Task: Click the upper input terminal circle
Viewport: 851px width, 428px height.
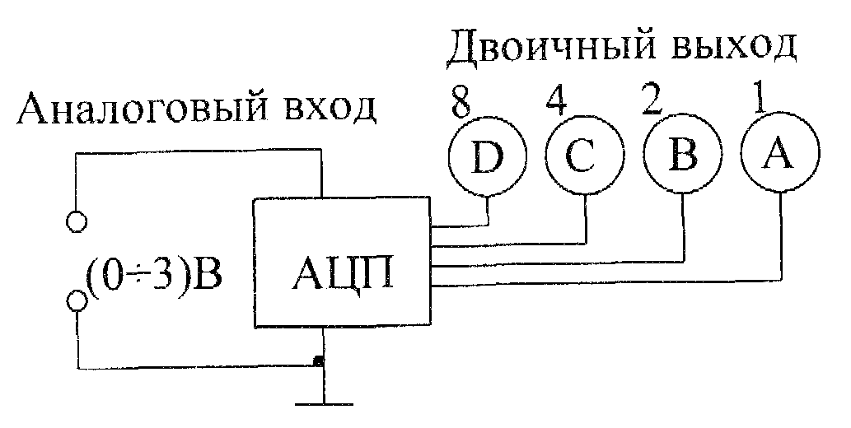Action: [x=77, y=221]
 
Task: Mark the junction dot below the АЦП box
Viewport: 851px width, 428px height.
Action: [x=319, y=361]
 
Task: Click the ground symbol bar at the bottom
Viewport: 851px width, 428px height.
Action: [x=324, y=404]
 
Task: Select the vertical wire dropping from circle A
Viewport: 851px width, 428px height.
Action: [x=782, y=236]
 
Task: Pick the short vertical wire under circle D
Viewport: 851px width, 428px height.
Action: [x=488, y=211]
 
